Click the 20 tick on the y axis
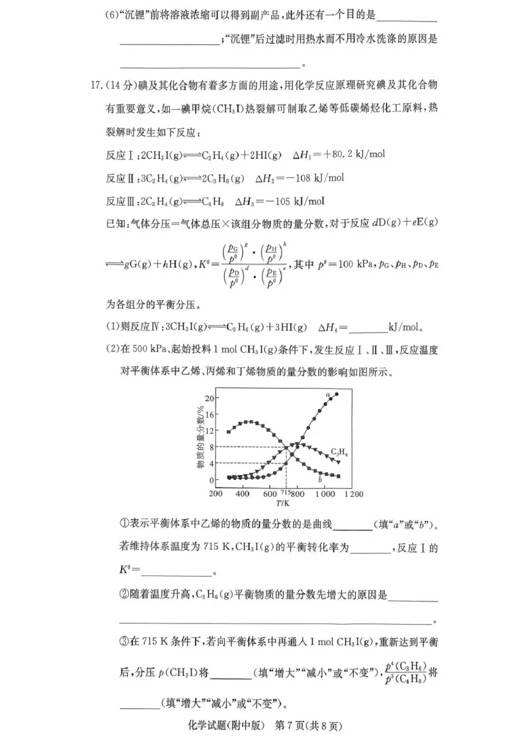(x=209, y=398)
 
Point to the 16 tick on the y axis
(x=209, y=414)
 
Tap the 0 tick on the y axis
(x=211, y=480)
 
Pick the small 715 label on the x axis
(x=286, y=493)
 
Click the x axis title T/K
(x=284, y=502)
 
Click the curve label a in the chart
(x=328, y=395)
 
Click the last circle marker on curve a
(x=337, y=395)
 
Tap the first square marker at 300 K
(x=229, y=432)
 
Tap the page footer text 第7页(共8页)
(x=310, y=727)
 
